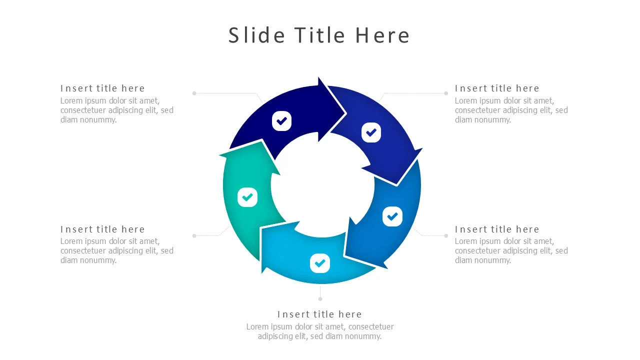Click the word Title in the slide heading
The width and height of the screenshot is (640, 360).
(320, 35)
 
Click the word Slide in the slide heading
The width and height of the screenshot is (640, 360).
(256, 35)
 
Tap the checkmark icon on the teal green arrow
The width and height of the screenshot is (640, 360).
(247, 197)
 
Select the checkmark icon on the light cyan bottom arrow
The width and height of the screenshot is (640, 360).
(320, 263)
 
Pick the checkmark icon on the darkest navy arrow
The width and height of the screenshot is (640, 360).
(281, 121)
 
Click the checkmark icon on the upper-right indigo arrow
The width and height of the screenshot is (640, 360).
(371, 132)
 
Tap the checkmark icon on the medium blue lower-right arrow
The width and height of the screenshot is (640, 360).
(392, 216)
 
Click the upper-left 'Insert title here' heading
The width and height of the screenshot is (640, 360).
(102, 88)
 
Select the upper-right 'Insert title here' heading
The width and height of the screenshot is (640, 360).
(497, 88)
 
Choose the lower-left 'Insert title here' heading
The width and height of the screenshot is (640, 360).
(102, 229)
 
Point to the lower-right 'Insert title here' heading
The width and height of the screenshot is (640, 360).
(497, 229)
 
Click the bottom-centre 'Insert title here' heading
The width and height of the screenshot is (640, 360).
(319, 314)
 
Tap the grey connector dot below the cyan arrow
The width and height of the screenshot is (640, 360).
(320, 299)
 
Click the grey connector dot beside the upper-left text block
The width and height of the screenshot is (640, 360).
(194, 93)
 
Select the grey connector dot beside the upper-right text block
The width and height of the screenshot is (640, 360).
(446, 93)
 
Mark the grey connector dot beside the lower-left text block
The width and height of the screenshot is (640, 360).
(194, 235)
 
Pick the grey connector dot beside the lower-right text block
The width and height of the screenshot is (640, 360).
(446, 235)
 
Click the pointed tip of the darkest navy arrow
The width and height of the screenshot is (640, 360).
(345, 113)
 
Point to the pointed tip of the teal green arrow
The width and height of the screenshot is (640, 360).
(261, 141)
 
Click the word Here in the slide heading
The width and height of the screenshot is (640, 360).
(382, 35)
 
